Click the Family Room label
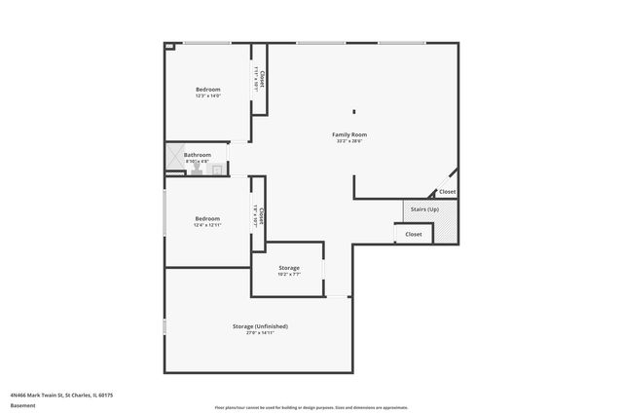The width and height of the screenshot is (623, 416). (x=351, y=134)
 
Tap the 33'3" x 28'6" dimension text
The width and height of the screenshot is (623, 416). (x=351, y=141)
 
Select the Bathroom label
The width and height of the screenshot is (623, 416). (x=198, y=155)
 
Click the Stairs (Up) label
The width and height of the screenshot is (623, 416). (x=424, y=209)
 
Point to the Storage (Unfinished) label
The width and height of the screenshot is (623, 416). (x=260, y=326)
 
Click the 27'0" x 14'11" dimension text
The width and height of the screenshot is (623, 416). (x=260, y=333)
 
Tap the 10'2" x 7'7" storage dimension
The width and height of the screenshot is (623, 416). (x=288, y=275)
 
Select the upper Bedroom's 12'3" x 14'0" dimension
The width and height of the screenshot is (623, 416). (x=208, y=95)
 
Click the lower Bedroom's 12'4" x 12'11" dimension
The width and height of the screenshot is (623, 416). (x=207, y=225)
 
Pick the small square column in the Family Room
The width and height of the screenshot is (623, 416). (x=354, y=111)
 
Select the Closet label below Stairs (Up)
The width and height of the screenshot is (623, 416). (x=414, y=234)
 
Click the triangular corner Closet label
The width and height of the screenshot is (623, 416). (x=447, y=192)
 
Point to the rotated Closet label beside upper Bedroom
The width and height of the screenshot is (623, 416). (x=262, y=78)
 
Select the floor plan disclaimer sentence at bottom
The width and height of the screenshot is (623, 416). (x=311, y=407)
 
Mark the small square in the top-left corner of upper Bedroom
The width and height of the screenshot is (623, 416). (x=168, y=45)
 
